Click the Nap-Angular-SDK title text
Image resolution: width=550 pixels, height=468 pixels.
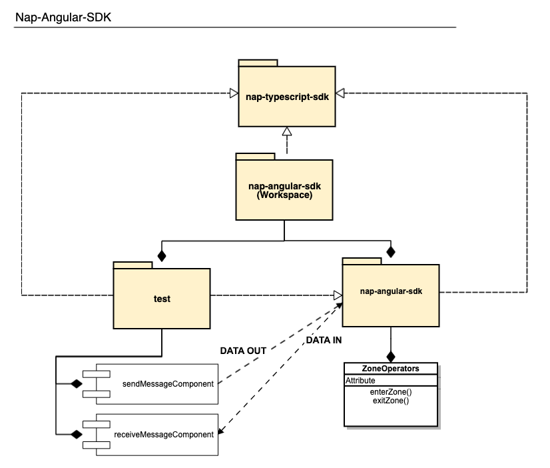(63, 17)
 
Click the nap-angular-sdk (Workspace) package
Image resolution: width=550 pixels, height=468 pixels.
(284, 190)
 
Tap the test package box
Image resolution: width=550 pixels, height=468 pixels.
(162, 299)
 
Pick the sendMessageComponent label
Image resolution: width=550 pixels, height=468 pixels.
(168, 384)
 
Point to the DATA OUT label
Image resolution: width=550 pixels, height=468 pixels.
(243, 351)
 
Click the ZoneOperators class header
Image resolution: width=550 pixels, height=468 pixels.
(390, 369)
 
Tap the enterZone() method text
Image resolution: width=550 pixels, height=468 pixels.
(390, 393)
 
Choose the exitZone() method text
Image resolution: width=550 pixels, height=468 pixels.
(390, 401)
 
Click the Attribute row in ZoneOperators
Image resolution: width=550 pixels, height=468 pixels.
(360, 381)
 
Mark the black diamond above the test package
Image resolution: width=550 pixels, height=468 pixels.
(160, 255)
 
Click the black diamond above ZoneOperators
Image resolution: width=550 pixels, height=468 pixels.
(391, 355)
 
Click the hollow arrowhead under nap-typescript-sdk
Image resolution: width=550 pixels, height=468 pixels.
(286, 133)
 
